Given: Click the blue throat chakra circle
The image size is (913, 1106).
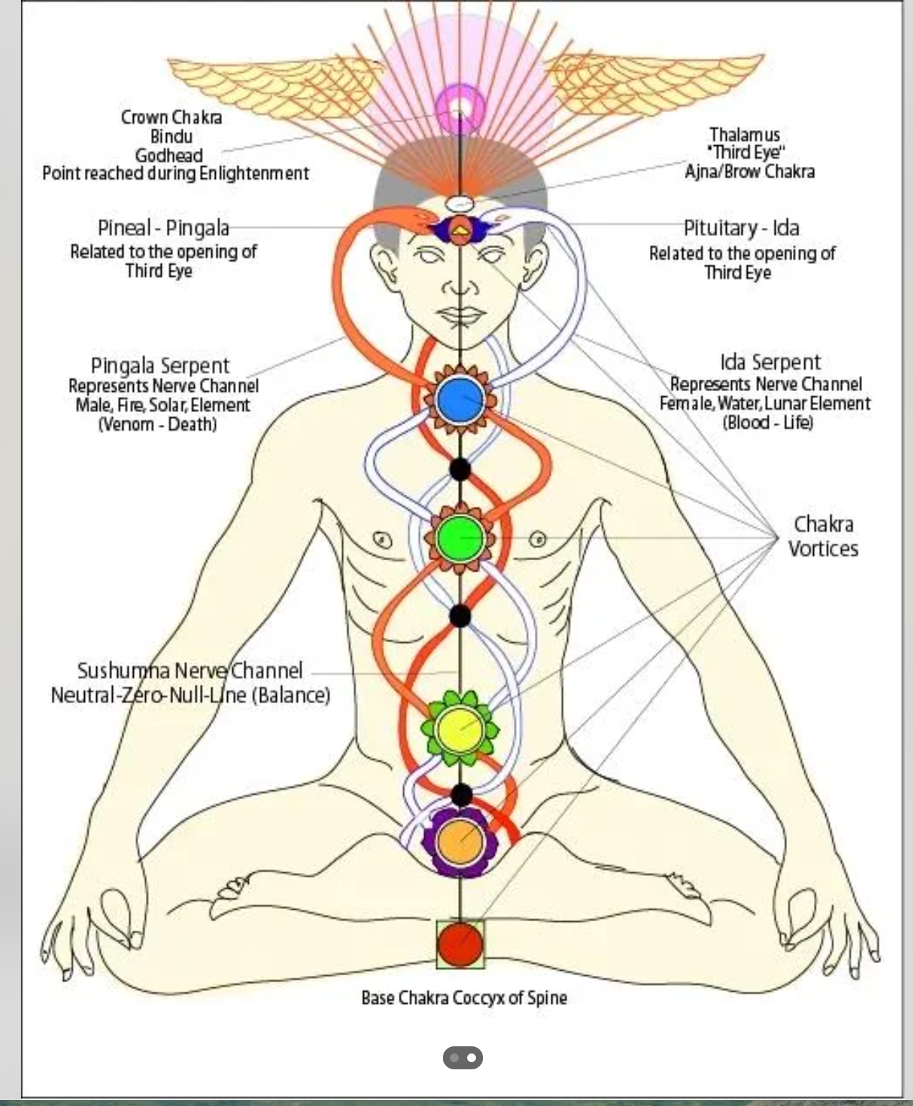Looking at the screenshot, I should (x=460, y=400).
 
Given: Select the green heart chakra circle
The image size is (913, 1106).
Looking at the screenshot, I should (x=459, y=537).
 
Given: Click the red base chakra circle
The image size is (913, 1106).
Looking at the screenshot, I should (x=460, y=943).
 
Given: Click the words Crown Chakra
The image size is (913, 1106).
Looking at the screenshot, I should (x=171, y=117).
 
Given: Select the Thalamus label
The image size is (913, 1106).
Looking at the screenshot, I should (x=744, y=134).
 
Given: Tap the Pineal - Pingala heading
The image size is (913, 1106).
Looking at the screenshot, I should (x=163, y=228).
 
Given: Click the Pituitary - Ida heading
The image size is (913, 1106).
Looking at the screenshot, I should (x=741, y=228).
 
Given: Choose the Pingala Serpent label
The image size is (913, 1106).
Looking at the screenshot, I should (x=160, y=365).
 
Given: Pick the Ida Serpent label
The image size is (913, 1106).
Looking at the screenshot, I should (x=770, y=362).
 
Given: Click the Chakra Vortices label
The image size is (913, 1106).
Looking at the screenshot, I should (x=823, y=536).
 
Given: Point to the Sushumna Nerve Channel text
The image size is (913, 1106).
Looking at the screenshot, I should (x=190, y=671).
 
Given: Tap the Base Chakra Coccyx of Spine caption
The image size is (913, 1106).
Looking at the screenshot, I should (x=464, y=998).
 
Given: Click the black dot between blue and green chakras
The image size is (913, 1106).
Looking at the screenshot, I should (x=460, y=469).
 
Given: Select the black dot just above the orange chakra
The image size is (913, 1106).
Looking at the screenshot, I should (x=461, y=795).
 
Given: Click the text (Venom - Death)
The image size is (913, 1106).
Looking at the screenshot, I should (x=157, y=424).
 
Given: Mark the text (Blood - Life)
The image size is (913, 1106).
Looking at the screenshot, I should (x=768, y=421).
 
